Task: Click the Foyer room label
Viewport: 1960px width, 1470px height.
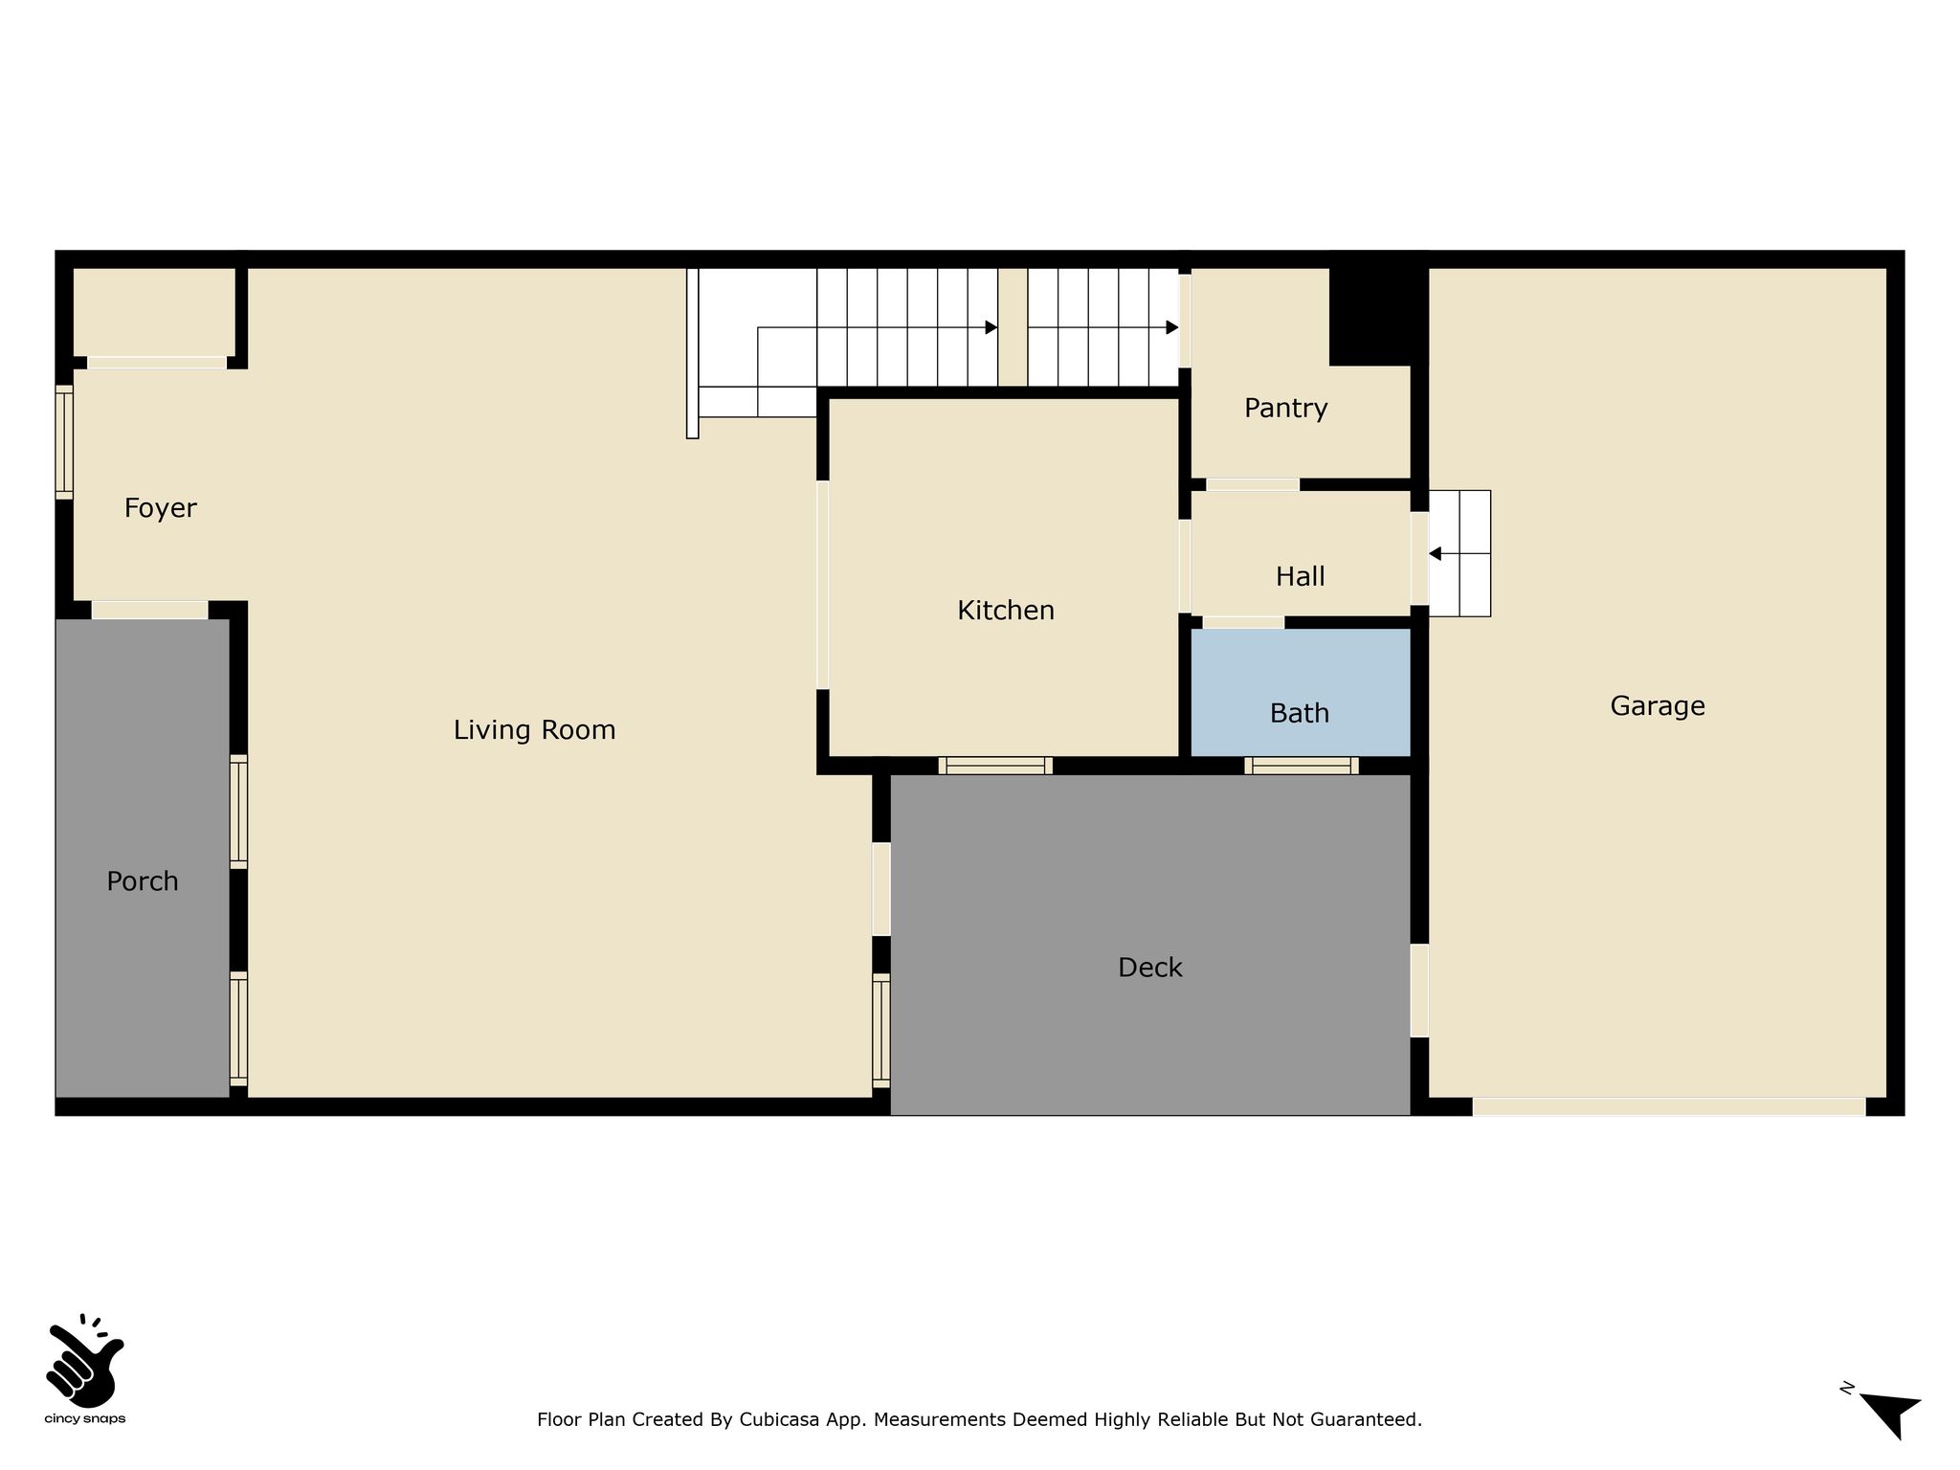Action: pyautogui.click(x=160, y=508)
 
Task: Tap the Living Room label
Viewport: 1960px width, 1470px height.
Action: pyautogui.click(x=534, y=730)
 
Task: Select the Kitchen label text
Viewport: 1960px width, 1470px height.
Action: pyautogui.click(x=1006, y=611)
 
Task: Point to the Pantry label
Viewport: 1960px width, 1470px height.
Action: pyautogui.click(x=1285, y=409)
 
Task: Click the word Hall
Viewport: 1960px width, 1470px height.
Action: pyautogui.click(x=1300, y=576)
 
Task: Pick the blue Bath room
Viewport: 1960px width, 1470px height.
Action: pyautogui.click(x=1300, y=692)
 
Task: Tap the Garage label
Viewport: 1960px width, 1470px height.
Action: pyautogui.click(x=1657, y=706)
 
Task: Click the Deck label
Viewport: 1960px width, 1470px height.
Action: pyautogui.click(x=1149, y=968)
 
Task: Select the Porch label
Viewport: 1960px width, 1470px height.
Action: pyautogui.click(x=142, y=881)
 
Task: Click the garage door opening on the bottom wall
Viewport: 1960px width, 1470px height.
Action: pyautogui.click(x=1668, y=1106)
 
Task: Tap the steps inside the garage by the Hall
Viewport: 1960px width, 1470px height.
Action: pyautogui.click(x=1459, y=553)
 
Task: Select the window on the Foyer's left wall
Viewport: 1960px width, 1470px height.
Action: pyautogui.click(x=64, y=442)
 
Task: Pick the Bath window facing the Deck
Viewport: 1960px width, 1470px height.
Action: pyautogui.click(x=1302, y=766)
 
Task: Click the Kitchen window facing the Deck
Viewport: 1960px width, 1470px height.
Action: pyautogui.click(x=995, y=766)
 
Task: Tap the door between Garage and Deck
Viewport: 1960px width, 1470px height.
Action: pyautogui.click(x=1419, y=991)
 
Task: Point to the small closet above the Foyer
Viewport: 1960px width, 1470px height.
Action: pyautogui.click(x=154, y=312)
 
